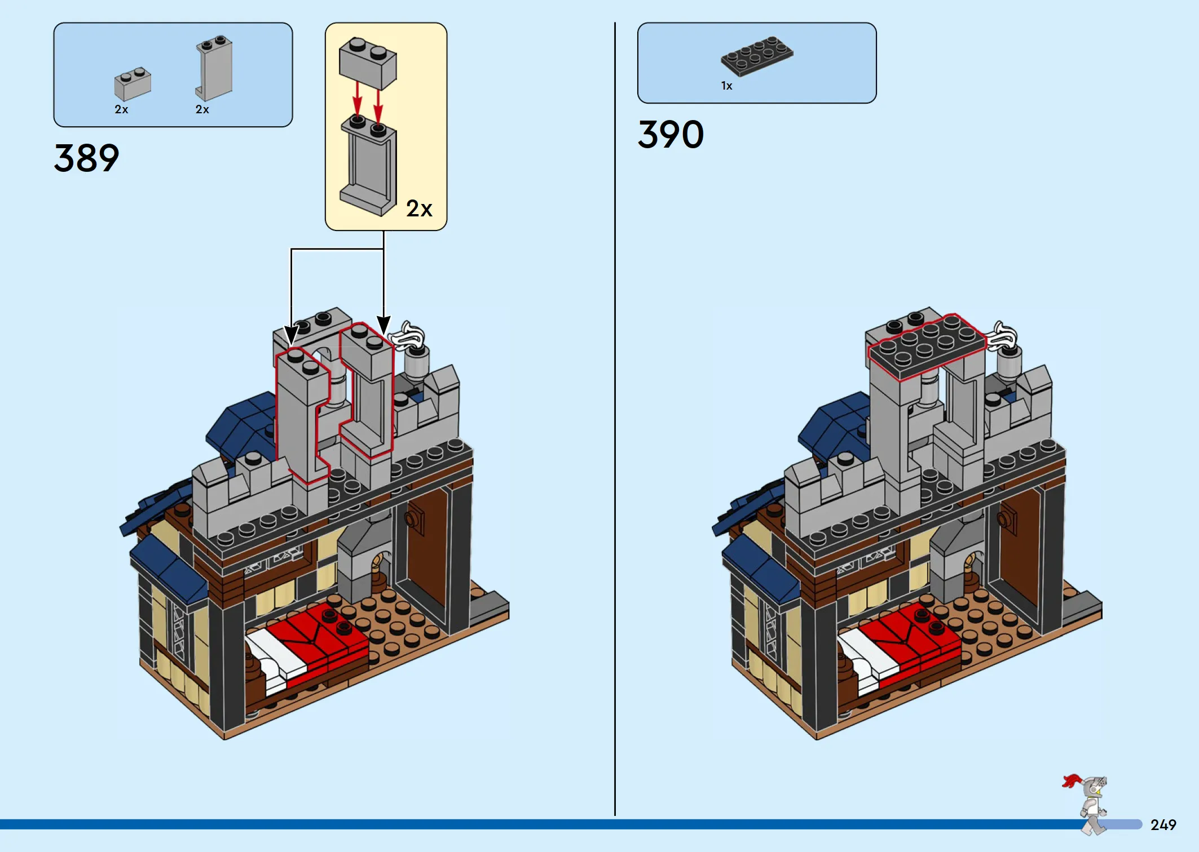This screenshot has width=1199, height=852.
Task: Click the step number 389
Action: tap(86, 158)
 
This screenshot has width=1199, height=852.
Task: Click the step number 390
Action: tap(671, 134)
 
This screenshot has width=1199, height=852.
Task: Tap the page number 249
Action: tap(1163, 825)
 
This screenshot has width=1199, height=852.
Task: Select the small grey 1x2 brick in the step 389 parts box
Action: tap(133, 85)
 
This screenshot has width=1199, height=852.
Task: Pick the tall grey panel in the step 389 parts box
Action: tap(214, 68)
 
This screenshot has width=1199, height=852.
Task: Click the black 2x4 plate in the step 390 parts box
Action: tap(757, 56)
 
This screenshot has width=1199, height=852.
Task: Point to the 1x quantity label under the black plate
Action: tap(726, 86)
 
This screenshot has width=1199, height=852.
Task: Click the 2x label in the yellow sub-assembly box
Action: tap(419, 208)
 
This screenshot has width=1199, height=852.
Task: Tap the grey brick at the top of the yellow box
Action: tap(368, 63)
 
